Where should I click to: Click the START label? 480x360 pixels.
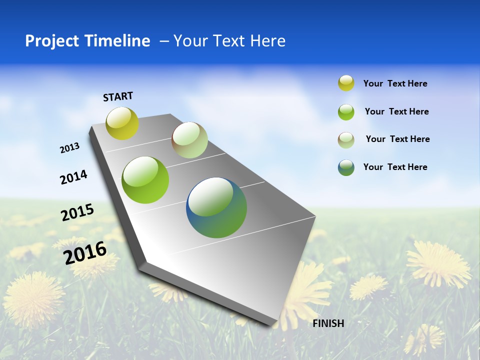[118, 96]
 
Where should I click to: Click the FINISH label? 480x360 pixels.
[328, 323]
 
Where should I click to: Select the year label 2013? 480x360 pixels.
[70, 148]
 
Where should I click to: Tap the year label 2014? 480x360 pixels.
[73, 177]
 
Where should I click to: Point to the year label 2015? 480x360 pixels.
[77, 212]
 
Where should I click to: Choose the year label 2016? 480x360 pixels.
[85, 252]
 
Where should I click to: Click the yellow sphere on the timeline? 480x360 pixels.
[122, 123]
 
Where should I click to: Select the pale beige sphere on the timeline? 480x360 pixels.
[189, 140]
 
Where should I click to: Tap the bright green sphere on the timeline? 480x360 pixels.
[145, 180]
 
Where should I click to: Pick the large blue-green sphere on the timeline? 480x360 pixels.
[216, 207]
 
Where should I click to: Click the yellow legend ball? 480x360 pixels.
[346, 83]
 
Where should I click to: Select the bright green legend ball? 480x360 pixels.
[346, 111]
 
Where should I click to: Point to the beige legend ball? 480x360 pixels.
[346, 139]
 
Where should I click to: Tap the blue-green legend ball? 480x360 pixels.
[346, 167]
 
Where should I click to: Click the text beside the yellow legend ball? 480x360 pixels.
[395, 83]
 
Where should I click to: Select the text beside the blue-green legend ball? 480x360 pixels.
[395, 167]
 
